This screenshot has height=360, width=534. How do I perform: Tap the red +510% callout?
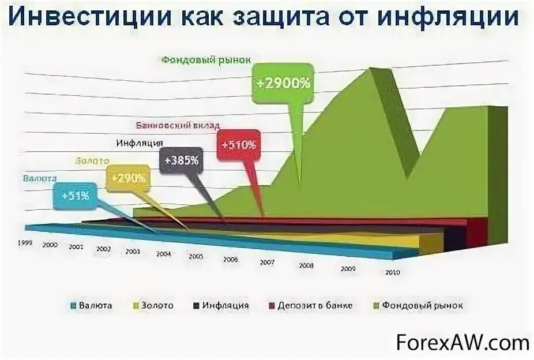pos(237,145)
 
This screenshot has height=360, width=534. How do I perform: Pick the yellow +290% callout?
pos(127,178)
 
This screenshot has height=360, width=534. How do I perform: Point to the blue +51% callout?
pos(76,196)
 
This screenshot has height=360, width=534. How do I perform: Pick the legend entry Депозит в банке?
pos(311,305)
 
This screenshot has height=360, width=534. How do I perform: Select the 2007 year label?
pos(266,261)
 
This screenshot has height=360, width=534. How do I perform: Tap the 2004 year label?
pos(163,253)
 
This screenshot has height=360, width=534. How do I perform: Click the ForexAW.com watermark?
pos(462,343)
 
